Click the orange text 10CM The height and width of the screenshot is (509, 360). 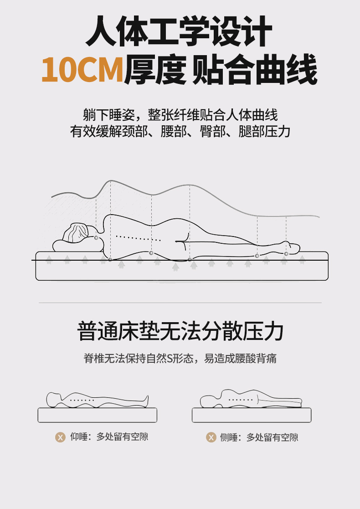pyautogui.click(x=82, y=69)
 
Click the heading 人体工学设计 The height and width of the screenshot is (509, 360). pyautogui.click(x=179, y=31)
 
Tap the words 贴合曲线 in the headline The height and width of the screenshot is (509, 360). pyautogui.click(x=255, y=69)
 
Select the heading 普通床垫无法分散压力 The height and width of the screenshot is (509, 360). pyautogui.click(x=180, y=331)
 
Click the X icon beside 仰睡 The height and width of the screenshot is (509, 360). pyautogui.click(x=60, y=437)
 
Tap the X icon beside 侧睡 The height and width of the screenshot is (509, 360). pyautogui.click(x=211, y=437)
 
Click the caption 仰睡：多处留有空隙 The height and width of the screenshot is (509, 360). pyautogui.click(x=109, y=437)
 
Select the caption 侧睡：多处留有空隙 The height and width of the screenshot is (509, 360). pyautogui.click(x=259, y=437)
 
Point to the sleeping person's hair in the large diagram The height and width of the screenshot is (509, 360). pyautogui.click(x=76, y=232)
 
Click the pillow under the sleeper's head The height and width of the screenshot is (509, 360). pyautogui.click(x=78, y=246)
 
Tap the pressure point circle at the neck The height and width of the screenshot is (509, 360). pyautogui.click(x=96, y=238)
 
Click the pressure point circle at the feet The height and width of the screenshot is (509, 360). pyautogui.click(x=286, y=253)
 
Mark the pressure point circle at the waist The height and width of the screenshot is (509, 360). pyautogui.click(x=151, y=253)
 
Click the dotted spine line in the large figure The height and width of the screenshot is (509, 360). pyautogui.click(x=138, y=238)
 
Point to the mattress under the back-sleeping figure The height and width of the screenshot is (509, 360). pyautogui.click(x=98, y=415)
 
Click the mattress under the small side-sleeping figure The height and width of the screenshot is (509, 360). pyautogui.click(x=252, y=415)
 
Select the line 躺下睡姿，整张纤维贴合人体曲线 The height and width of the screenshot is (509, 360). pyautogui.click(x=180, y=115)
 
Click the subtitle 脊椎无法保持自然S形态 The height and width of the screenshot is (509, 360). pyautogui.click(x=139, y=358)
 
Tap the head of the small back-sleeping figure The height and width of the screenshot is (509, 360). pyautogui.click(x=54, y=399)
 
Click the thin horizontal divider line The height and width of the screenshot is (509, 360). pyautogui.click(x=180, y=303)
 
